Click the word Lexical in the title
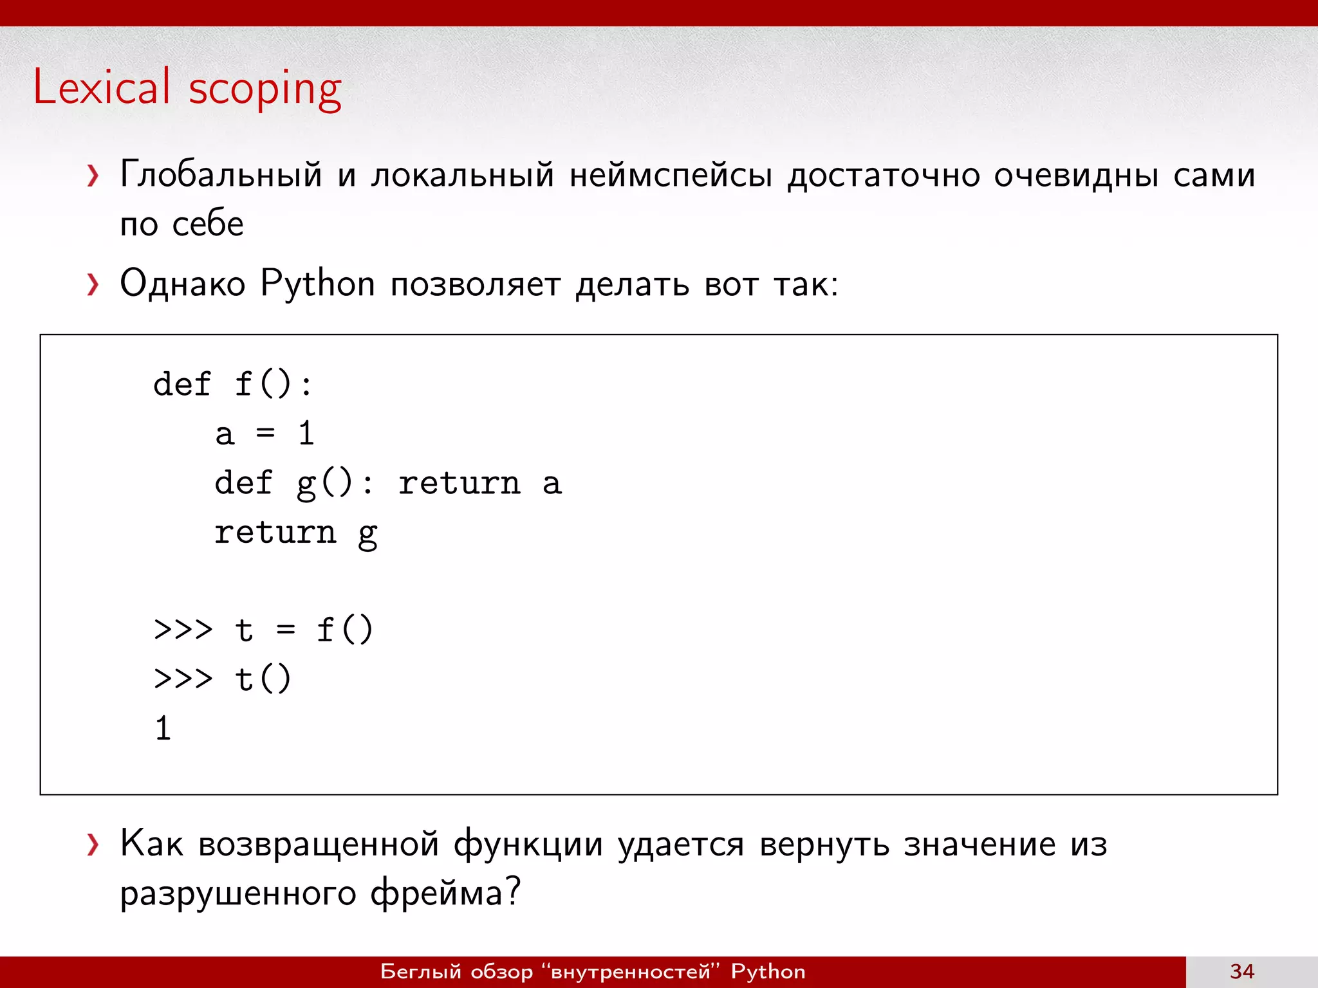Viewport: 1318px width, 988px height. point(102,87)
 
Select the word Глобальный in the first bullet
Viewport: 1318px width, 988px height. point(221,175)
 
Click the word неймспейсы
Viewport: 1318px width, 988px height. point(671,175)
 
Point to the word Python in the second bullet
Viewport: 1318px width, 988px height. point(317,284)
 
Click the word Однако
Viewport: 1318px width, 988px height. point(183,284)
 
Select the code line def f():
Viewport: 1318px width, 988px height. point(233,385)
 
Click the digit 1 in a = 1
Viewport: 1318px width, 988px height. point(306,434)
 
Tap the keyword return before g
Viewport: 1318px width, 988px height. point(275,533)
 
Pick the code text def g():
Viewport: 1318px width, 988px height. point(293,484)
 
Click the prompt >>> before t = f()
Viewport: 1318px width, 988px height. point(183,629)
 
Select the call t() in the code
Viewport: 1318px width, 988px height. point(263,679)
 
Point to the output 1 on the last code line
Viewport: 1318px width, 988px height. point(163,729)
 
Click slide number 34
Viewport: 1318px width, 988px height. point(1241,971)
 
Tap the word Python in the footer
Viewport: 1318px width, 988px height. point(768,971)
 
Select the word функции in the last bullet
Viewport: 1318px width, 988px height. point(528,845)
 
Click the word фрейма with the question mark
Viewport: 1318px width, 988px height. point(445,893)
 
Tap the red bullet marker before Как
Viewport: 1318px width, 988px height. point(93,845)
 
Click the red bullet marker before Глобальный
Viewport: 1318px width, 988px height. point(93,175)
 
